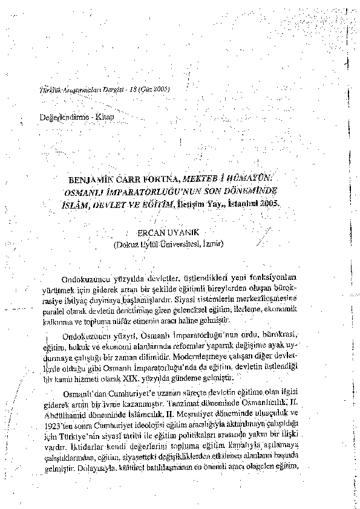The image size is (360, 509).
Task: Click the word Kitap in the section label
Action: [103, 115]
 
